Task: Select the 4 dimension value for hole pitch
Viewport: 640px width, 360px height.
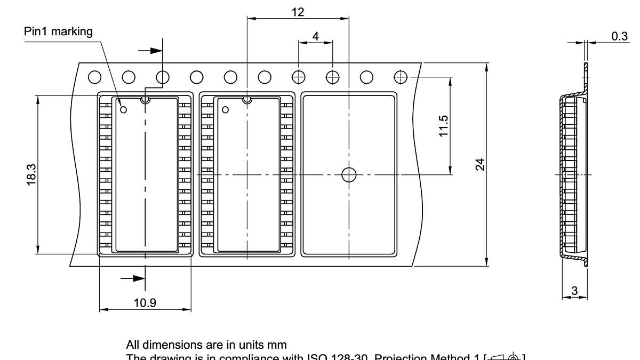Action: click(315, 36)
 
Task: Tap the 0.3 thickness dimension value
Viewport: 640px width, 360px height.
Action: click(619, 36)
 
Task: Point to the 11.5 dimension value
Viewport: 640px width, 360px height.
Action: click(443, 126)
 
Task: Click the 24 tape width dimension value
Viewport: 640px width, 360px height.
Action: click(480, 164)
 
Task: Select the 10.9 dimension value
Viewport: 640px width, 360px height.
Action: click(145, 303)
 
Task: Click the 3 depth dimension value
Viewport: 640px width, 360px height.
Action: click(574, 291)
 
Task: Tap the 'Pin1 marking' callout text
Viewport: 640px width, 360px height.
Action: click(58, 31)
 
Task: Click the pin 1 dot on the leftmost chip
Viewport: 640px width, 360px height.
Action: click(124, 110)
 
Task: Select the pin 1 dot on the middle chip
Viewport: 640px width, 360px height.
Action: click(225, 110)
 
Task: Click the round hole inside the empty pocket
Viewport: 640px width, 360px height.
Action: click(349, 174)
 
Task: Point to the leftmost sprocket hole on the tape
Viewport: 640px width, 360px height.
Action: click(94, 77)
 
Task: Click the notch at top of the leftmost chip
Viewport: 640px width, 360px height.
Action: click(145, 99)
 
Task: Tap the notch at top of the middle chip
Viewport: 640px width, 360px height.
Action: click(247, 99)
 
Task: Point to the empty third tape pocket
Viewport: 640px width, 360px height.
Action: click(349, 213)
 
